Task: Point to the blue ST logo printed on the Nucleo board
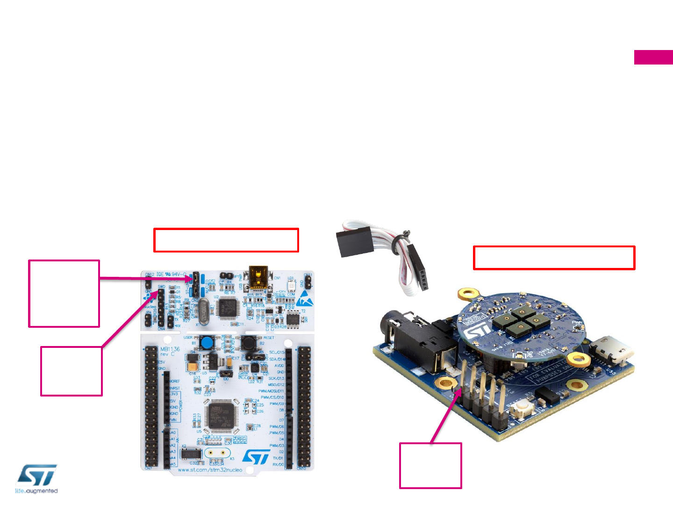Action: pos(257,457)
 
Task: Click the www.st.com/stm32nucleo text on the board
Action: pos(210,469)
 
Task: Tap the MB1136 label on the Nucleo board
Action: pos(170,349)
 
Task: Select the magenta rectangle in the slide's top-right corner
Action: pos(653,58)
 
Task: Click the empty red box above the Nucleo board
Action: pos(226,240)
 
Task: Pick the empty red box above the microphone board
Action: pos(554,258)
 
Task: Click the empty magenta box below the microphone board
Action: pos(430,466)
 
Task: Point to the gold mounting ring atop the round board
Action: pos(469,294)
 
